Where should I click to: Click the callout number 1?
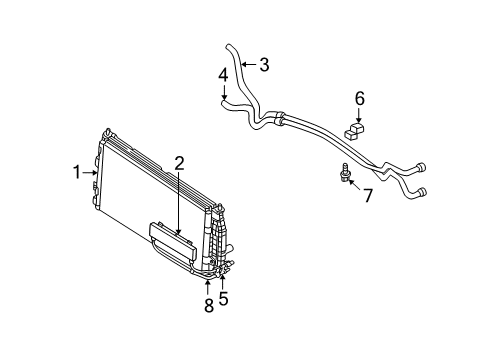coord(76,172)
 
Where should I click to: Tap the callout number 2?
coord(180,163)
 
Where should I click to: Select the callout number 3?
coord(264,66)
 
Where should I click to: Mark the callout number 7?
coord(366,195)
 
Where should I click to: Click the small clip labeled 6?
coord(356,128)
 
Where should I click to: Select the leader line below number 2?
coord(180,200)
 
